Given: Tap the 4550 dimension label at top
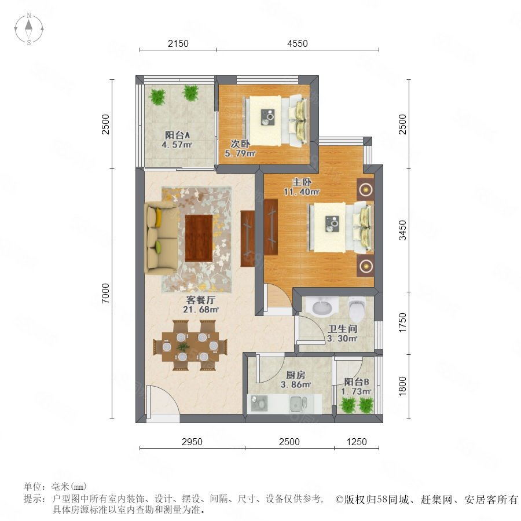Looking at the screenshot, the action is pyautogui.click(x=298, y=43).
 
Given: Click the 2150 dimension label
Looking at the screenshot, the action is pyautogui.click(x=178, y=43).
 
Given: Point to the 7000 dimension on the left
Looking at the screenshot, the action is pyautogui.click(x=105, y=293).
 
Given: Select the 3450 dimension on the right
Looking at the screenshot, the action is pyautogui.click(x=402, y=230).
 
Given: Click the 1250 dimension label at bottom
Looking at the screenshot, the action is pyautogui.click(x=357, y=442).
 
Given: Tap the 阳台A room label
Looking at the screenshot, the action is pyautogui.click(x=177, y=135).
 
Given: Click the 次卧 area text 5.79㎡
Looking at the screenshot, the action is pyautogui.click(x=240, y=153).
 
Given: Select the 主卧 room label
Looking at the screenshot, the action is pyautogui.click(x=302, y=182).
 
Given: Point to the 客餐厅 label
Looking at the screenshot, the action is pyautogui.click(x=201, y=300).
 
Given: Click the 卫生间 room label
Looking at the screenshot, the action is pyautogui.click(x=342, y=329).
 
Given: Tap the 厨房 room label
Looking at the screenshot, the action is pyautogui.click(x=295, y=375).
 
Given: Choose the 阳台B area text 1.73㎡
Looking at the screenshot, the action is pyautogui.click(x=356, y=391).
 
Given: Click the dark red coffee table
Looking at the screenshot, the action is pyautogui.click(x=199, y=238).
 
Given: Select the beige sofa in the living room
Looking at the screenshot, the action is pyautogui.click(x=161, y=238).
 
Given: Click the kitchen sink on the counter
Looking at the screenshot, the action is pyautogui.click(x=298, y=403).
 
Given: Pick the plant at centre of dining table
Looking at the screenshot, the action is pyautogui.click(x=183, y=347).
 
